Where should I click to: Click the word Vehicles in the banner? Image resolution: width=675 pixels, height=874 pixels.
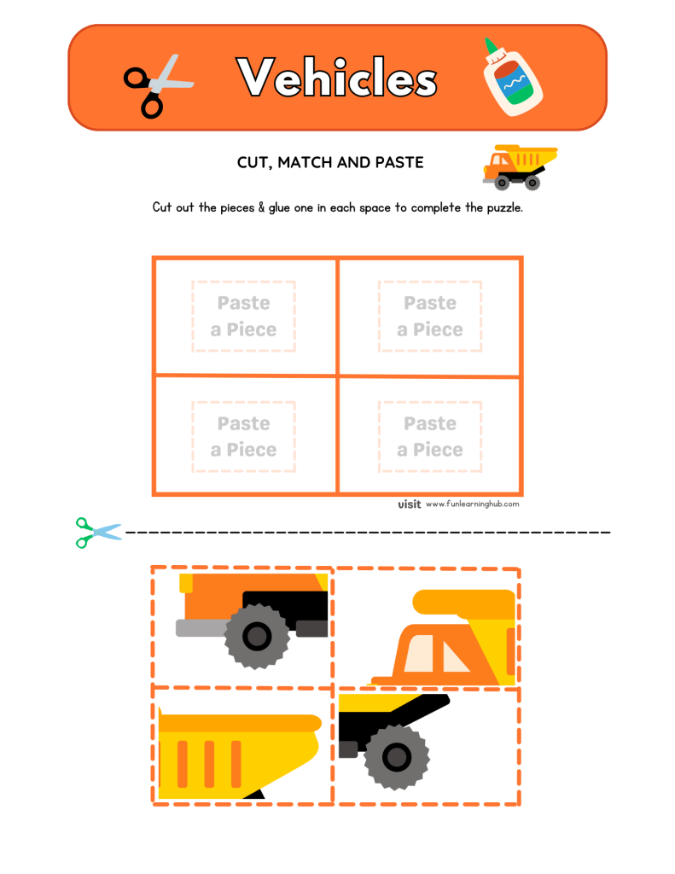338,79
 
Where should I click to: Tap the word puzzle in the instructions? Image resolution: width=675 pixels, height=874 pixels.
497,207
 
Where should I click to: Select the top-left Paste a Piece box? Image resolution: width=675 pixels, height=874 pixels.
244,317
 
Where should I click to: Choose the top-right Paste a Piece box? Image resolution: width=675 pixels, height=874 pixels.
430,317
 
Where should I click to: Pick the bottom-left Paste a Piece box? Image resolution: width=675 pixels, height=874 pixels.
244,437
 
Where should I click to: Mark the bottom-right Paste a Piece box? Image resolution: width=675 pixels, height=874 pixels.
430,437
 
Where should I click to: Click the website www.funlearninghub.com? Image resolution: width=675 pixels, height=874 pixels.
472,504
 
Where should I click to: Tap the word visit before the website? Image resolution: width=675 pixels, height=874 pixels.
410,504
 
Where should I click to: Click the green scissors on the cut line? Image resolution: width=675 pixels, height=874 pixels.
96,532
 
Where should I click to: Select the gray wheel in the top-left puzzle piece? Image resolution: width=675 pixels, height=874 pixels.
255,636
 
